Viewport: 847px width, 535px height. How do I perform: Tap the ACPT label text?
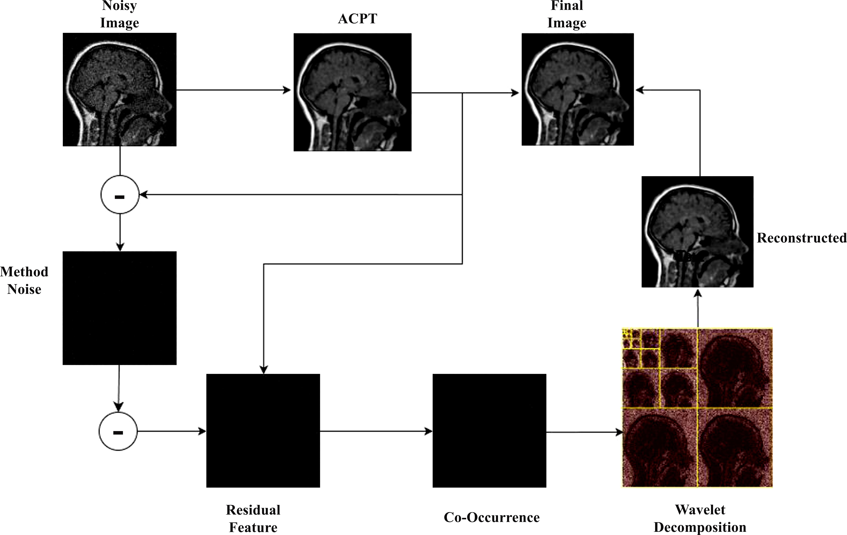click(x=357, y=19)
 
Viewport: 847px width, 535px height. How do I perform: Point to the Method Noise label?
click(x=24, y=280)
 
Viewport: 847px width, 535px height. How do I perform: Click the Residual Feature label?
click(x=253, y=519)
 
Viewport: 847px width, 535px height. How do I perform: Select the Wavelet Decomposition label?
click(x=700, y=519)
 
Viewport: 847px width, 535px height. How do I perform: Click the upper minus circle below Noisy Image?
click(x=120, y=194)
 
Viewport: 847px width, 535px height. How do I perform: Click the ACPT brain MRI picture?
click(x=352, y=92)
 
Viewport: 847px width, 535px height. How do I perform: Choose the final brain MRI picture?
click(x=578, y=89)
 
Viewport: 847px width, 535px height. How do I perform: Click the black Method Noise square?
click(x=120, y=308)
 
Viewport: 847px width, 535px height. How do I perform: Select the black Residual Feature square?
click(x=263, y=431)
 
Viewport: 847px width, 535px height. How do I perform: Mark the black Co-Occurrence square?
click(x=489, y=431)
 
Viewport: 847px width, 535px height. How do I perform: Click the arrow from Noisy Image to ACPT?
click(x=234, y=90)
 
